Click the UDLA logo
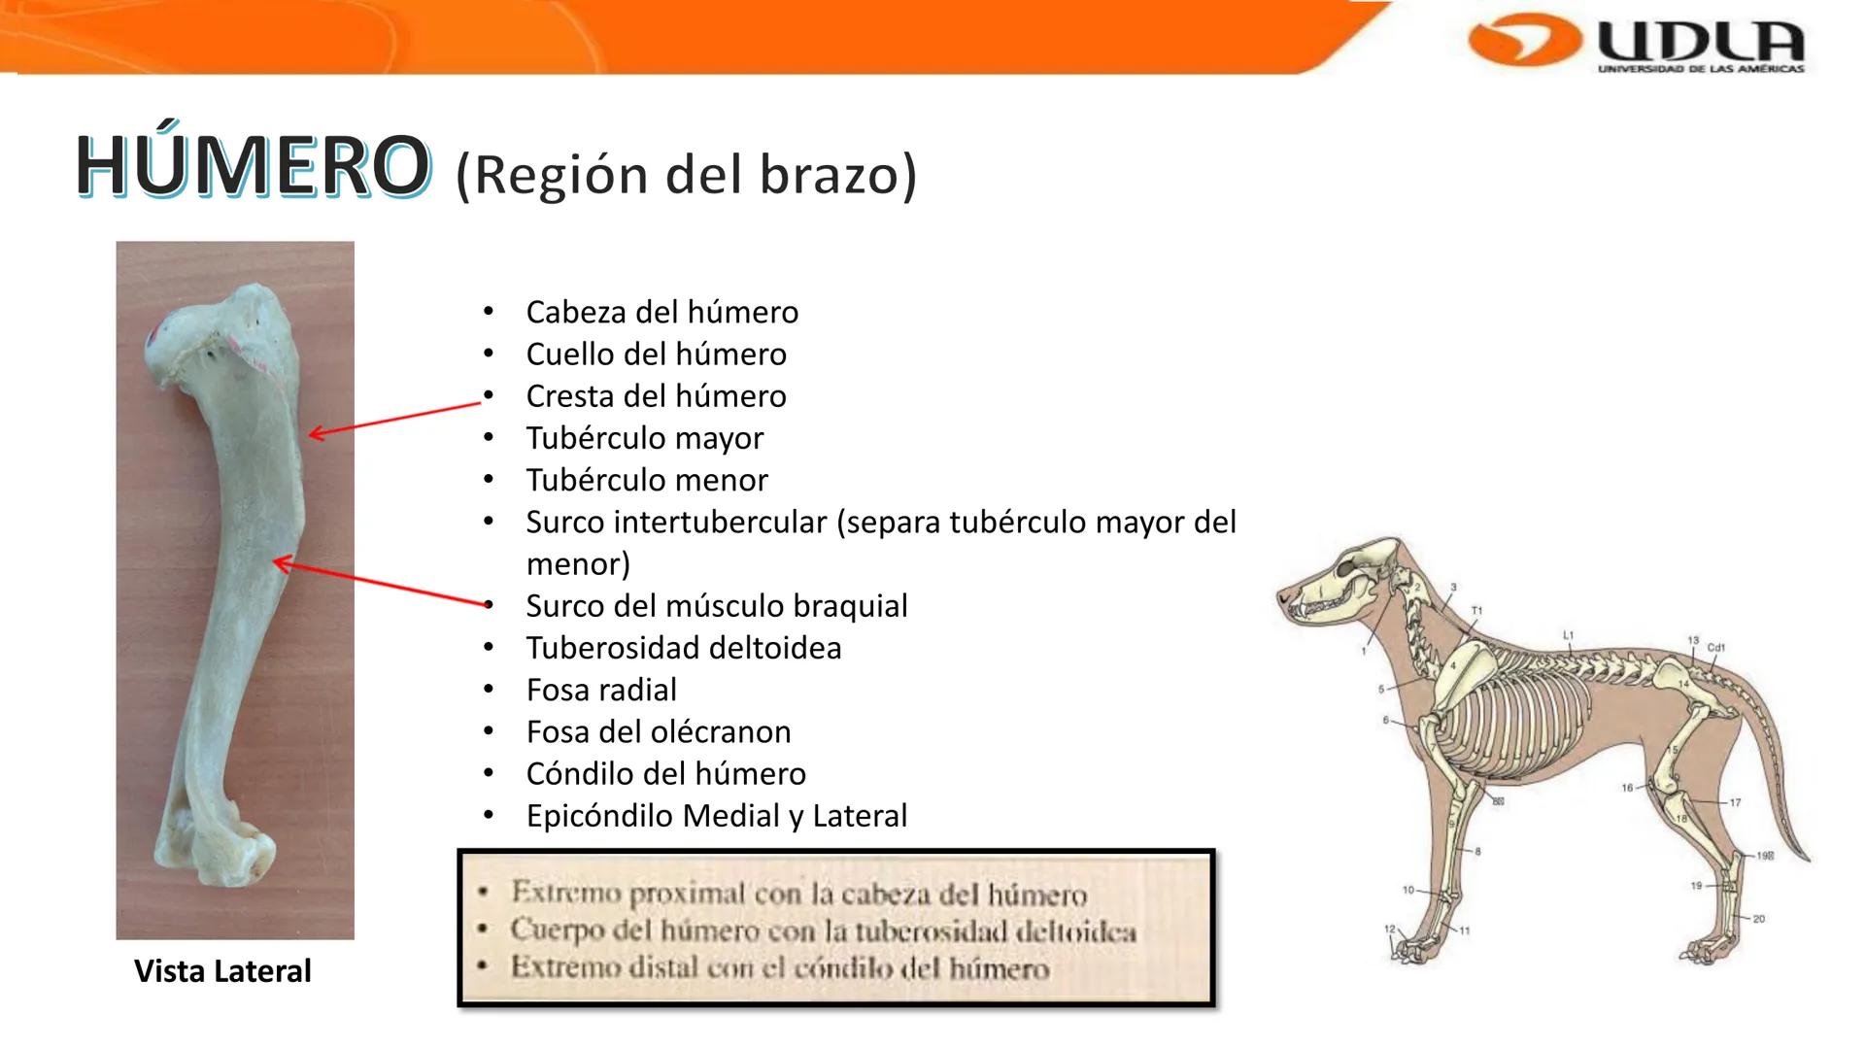(x=1637, y=44)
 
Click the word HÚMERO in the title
(x=252, y=167)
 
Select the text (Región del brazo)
(x=686, y=175)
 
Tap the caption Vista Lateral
(x=222, y=970)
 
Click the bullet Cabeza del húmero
(x=661, y=312)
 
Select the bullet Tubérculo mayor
(x=644, y=438)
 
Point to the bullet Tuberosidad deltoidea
(x=683, y=648)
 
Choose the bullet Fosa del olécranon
(x=658, y=731)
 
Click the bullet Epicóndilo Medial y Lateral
(x=716, y=816)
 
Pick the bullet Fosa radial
(x=600, y=690)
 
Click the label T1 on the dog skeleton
(x=1476, y=611)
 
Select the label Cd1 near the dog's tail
(x=1715, y=647)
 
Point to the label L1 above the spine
(x=1568, y=634)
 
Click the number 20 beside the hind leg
(x=1758, y=919)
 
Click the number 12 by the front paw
(x=1389, y=930)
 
